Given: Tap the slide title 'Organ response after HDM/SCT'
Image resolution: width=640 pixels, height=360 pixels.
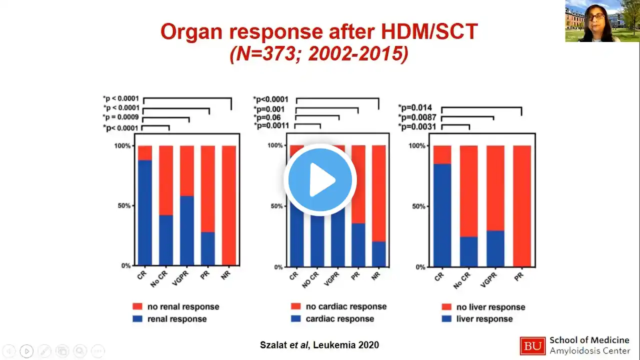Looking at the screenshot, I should (319, 32).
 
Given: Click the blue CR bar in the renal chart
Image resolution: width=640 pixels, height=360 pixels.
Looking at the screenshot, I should (145, 212).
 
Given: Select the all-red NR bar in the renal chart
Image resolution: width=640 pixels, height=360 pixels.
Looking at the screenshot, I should (229, 205).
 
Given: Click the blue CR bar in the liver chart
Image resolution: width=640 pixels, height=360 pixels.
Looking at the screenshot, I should (442, 215).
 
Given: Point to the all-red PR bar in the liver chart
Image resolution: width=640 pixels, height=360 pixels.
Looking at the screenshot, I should (522, 205).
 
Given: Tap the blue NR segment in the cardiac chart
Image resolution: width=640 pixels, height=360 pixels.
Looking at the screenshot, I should (379, 254).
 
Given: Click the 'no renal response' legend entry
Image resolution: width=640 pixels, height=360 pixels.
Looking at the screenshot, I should (175, 306).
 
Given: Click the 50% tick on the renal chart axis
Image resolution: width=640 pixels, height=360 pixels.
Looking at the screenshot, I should (123, 205).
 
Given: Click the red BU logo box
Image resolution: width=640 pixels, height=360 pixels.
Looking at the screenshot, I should (532, 345).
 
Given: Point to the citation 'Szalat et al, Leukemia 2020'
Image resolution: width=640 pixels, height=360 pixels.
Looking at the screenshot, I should (319, 345).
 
